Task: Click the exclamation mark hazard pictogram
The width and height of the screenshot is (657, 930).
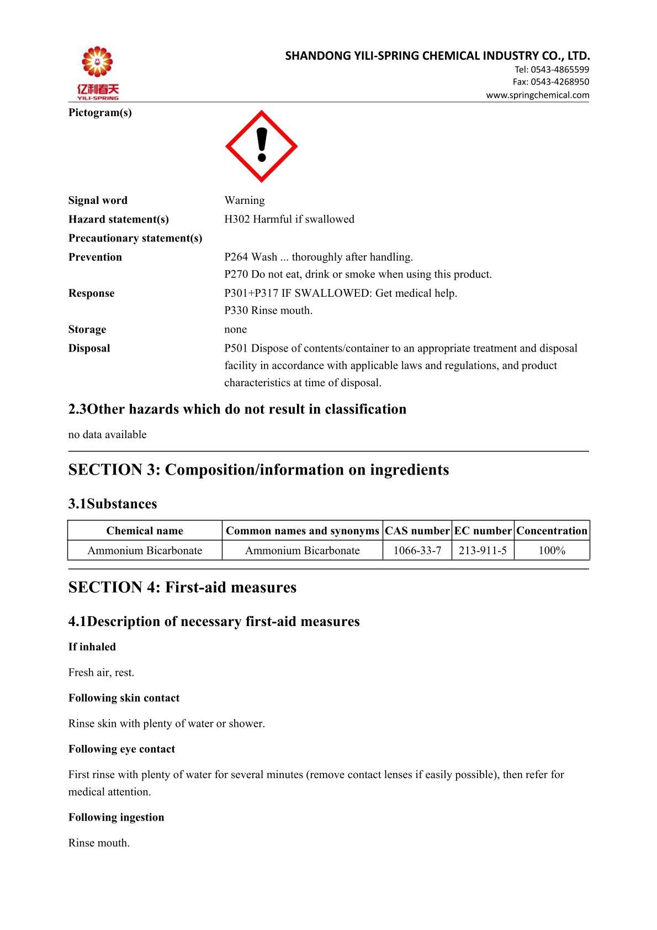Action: coord(262,146)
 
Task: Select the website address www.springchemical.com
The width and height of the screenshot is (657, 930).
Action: coord(537,95)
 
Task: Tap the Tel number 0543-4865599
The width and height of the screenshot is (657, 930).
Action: coord(560,70)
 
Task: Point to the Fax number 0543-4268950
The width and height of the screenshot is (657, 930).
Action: coord(560,82)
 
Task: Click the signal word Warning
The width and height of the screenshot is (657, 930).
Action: coord(245,200)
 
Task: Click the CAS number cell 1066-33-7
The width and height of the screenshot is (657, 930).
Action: coord(417,550)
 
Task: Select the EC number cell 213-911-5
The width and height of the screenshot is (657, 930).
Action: coord(483,550)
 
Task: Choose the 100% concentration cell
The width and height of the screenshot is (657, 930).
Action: coord(552,550)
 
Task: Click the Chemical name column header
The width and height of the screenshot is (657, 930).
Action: coord(145,531)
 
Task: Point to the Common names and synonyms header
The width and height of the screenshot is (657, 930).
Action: coord(303,531)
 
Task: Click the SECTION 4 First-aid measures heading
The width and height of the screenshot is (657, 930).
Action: coord(182,587)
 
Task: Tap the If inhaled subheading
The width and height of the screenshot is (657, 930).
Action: coord(92,647)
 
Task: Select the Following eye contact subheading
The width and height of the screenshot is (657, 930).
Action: coord(121,749)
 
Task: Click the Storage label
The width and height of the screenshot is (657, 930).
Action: coord(87,329)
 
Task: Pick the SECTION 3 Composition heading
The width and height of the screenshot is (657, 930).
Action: coord(258,470)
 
